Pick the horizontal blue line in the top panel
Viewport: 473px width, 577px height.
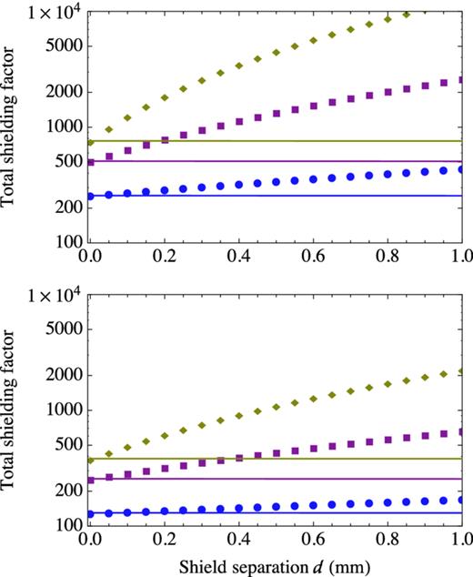click(273, 196)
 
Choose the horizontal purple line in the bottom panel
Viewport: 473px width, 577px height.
click(273, 479)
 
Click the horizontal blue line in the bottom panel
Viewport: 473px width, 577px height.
click(273, 513)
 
